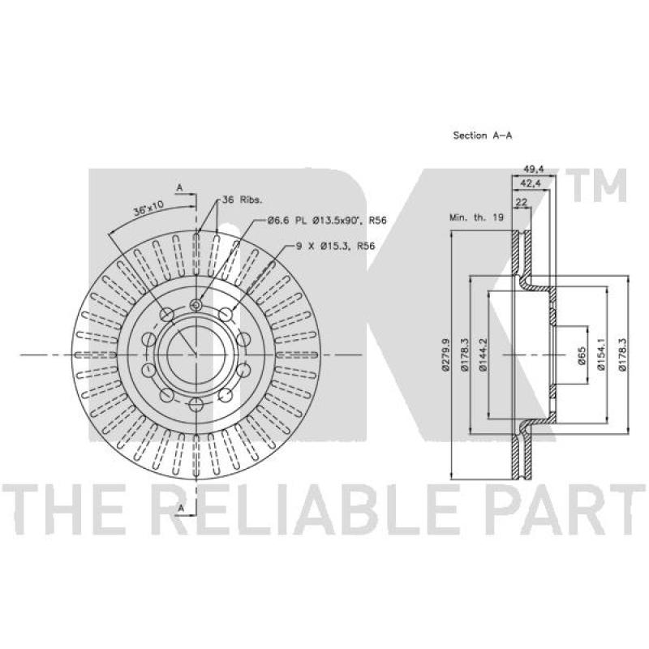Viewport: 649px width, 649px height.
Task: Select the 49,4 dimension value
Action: pos(532,168)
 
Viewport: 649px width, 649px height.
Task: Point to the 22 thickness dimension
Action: pos(522,202)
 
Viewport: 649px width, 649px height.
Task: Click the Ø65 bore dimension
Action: pos(582,355)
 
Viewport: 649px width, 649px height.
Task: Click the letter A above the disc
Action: pos(180,188)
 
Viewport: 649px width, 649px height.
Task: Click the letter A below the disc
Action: pos(180,509)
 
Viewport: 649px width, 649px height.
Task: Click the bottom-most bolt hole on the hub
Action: pos(196,405)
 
